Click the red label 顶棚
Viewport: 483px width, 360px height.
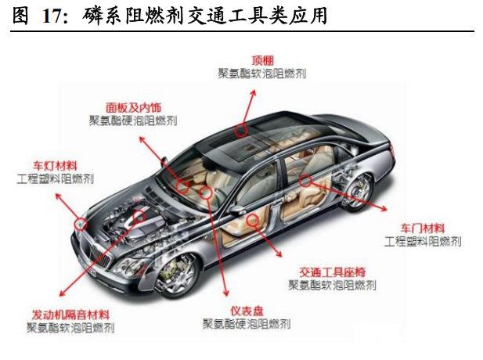262,61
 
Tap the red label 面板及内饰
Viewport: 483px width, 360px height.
133,107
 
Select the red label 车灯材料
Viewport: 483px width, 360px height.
55,166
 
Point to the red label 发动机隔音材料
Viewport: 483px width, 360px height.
70,315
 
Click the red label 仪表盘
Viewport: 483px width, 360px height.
247,311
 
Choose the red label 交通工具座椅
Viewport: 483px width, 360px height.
333,272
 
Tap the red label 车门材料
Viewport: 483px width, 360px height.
423,229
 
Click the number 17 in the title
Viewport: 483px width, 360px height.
51,16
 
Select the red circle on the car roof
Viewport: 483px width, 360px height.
240,130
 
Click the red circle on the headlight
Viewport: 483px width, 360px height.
81,224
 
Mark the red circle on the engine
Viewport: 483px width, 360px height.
139,216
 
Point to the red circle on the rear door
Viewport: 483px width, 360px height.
305,180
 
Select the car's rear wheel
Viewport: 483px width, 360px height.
357,192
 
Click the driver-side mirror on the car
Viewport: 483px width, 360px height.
237,211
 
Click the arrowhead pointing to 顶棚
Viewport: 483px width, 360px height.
254,92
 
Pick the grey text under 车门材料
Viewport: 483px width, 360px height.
423,241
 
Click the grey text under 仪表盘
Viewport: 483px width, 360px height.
247,324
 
